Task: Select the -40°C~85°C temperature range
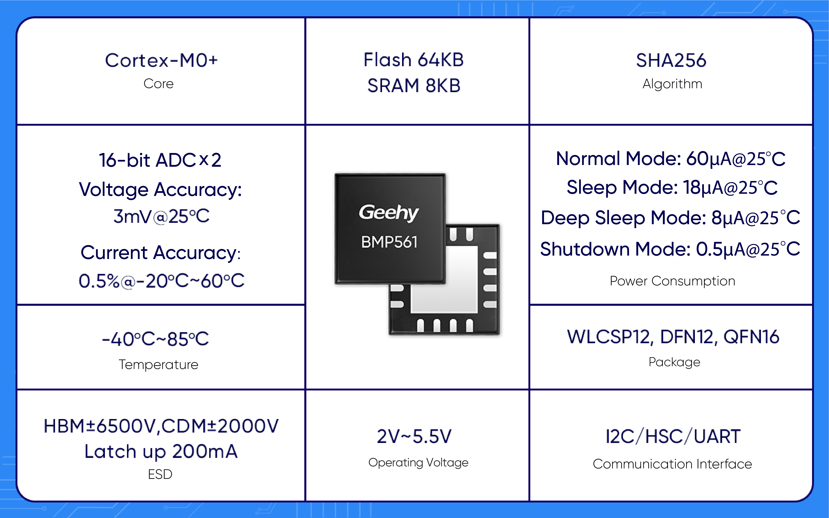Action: [155, 339]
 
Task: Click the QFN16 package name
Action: [751, 337]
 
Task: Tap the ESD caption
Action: [160, 474]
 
